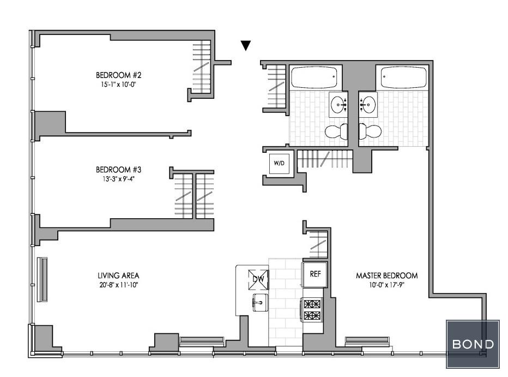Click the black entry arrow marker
tap(246, 45)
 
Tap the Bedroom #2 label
tap(119, 75)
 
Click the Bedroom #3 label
tap(119, 170)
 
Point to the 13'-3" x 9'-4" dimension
tap(119, 179)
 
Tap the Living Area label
tap(119, 276)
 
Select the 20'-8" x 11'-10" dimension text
tap(119, 285)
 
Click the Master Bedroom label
tap(387, 276)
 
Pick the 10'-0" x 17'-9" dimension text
tap(387, 285)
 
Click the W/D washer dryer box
tap(279, 163)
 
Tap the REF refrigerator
tap(315, 274)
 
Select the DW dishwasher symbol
tap(258, 279)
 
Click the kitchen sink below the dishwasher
tap(260, 302)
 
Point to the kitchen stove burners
tap(312, 309)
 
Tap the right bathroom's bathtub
tap(404, 77)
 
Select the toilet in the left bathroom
tap(336, 131)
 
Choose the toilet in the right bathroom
tap(370, 131)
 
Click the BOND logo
tap(473, 344)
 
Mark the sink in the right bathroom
tap(368, 105)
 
